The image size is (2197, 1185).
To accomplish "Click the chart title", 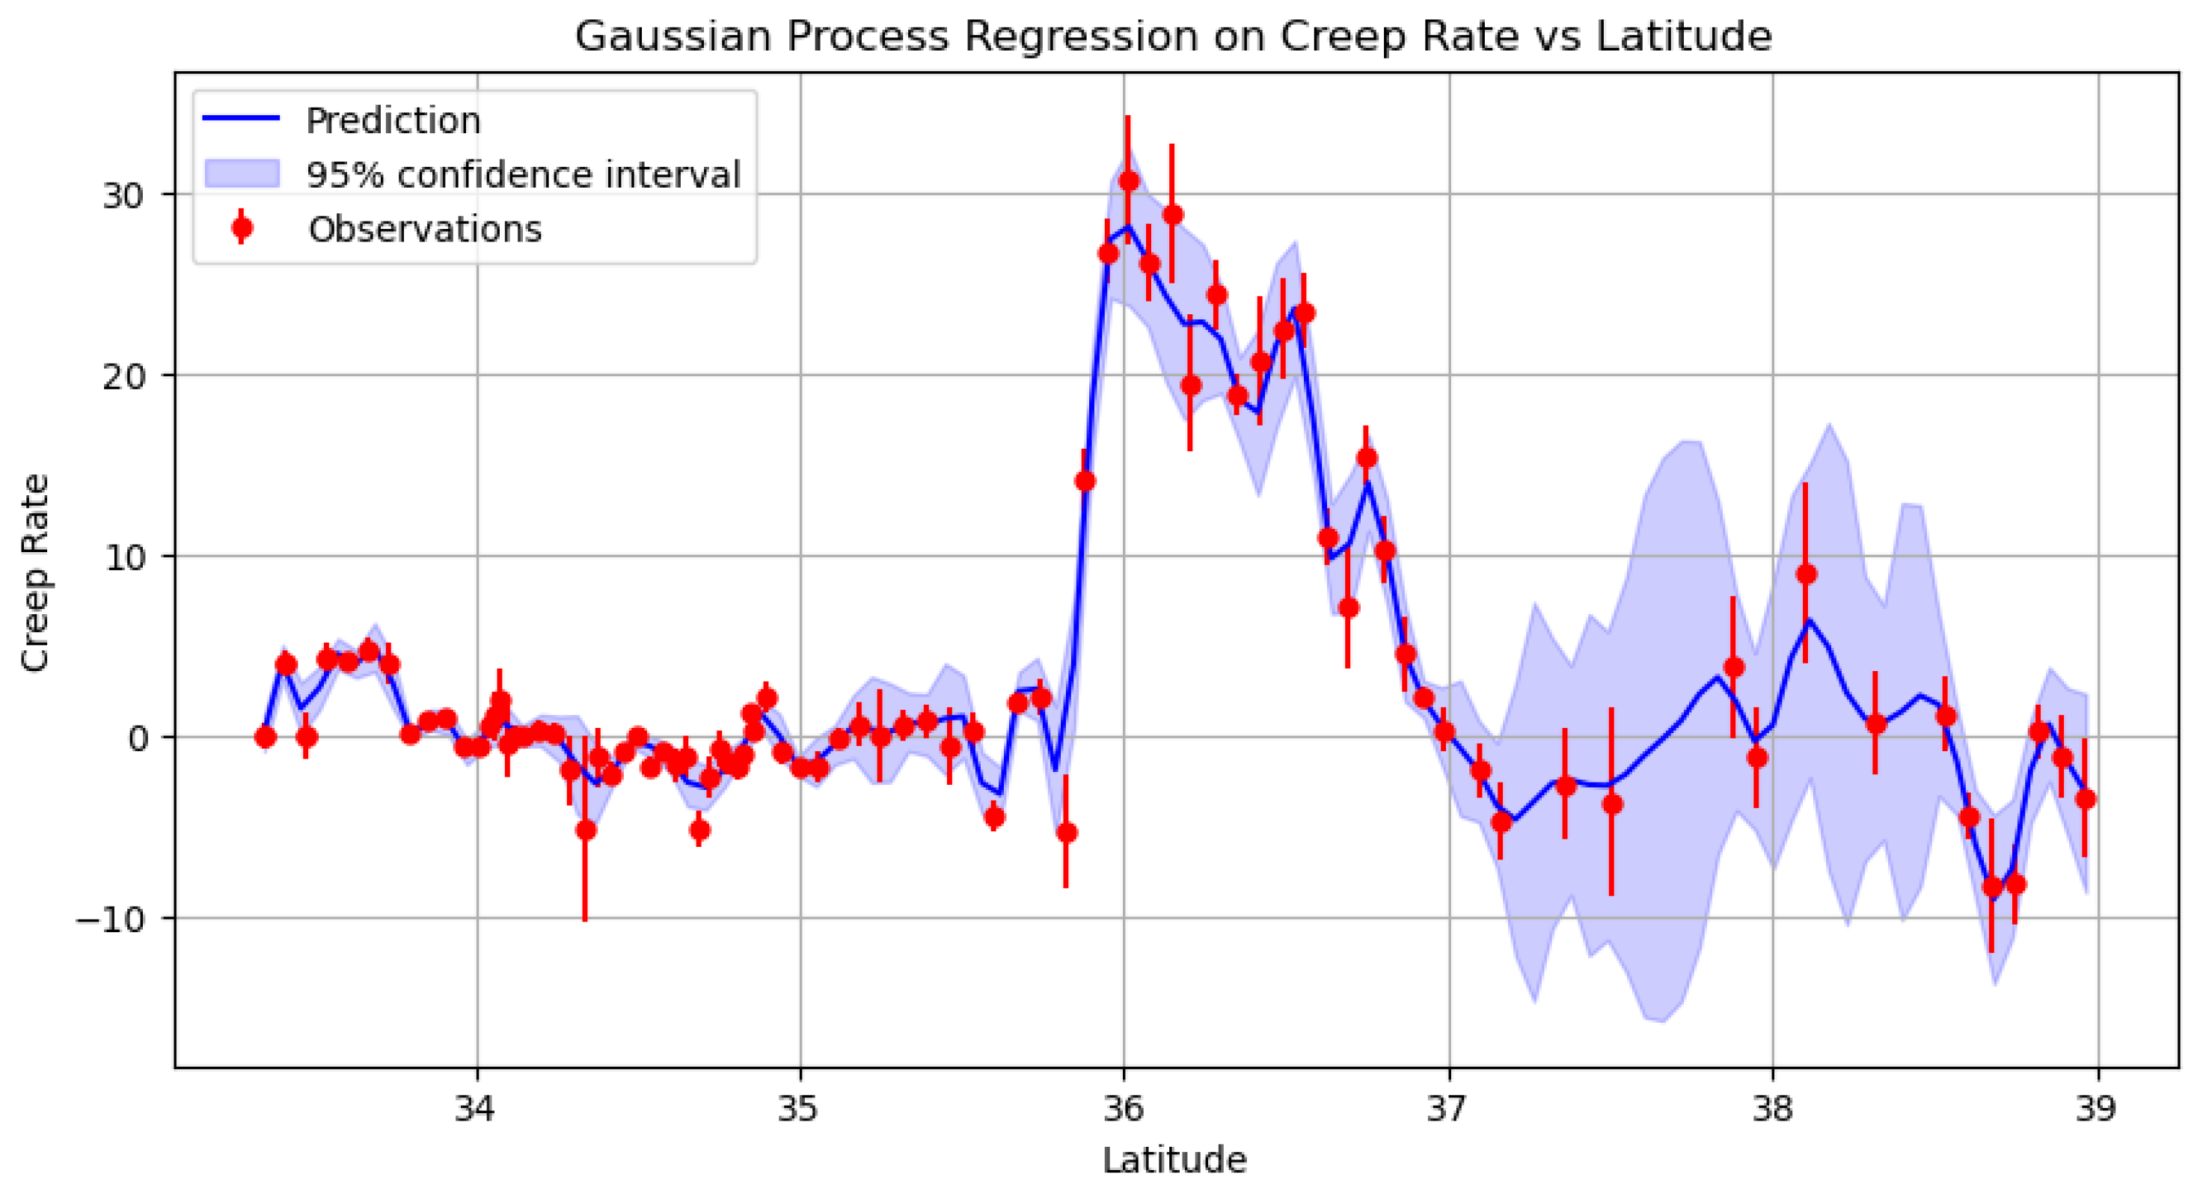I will point(1174,37).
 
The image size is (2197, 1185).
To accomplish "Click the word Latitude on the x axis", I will point(1174,1160).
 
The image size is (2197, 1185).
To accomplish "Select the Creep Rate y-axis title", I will point(36,572).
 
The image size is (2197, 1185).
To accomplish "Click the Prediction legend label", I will point(393,120).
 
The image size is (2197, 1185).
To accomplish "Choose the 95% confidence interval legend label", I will point(523,174).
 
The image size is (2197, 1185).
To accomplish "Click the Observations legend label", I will point(425,229).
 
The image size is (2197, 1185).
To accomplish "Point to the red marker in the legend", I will point(242,227).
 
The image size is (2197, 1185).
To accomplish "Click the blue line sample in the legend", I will point(241,119).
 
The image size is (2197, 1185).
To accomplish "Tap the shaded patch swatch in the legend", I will point(242,173).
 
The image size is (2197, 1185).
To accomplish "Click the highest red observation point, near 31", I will point(1128,181).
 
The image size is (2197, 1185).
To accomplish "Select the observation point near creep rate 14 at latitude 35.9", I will point(1085,481).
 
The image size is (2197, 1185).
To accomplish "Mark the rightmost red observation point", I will point(2086,798).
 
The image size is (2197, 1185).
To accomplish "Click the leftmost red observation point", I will point(266,737).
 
